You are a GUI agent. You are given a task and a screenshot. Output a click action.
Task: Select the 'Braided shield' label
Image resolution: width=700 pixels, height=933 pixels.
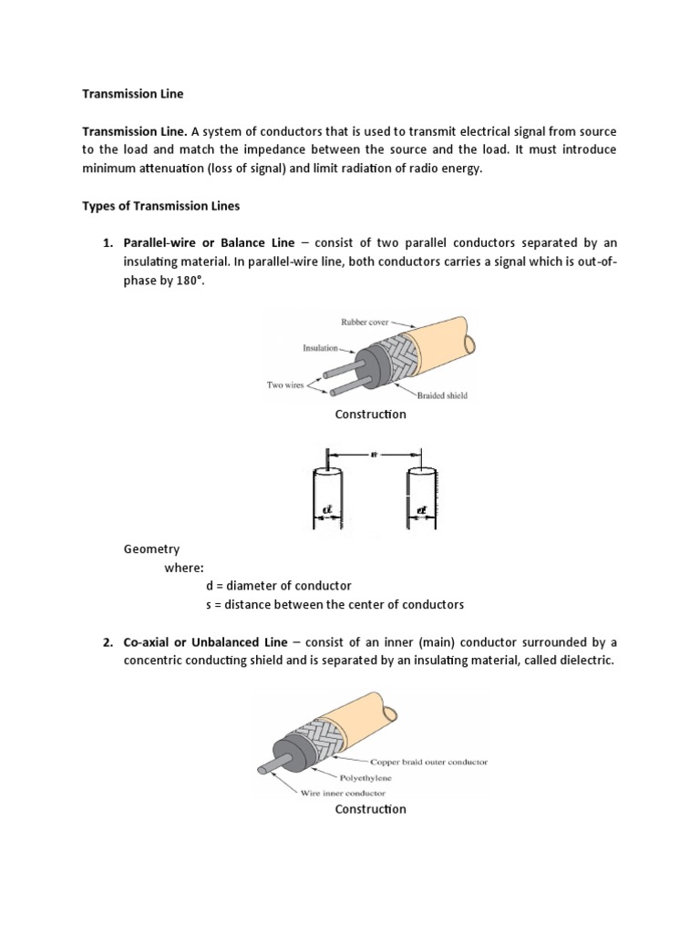tap(443, 395)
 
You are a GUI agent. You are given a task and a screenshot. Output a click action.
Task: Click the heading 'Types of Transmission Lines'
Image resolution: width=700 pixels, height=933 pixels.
tap(161, 206)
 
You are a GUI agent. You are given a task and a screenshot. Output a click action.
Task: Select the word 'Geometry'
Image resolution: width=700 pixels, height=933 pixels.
tap(151, 549)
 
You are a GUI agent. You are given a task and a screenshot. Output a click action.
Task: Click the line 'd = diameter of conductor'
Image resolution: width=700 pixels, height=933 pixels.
tap(279, 585)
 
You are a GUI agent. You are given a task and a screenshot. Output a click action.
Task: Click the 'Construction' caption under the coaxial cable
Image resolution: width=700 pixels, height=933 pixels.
tap(370, 809)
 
